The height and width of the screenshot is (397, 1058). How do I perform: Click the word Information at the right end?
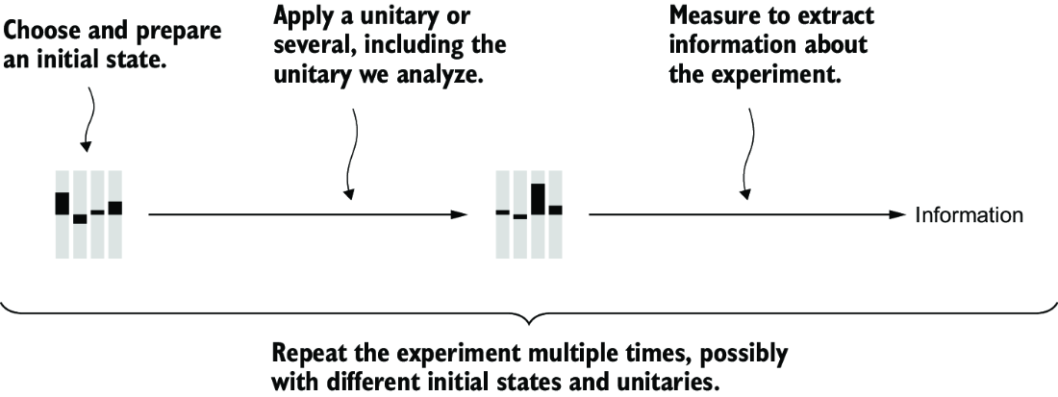point(969,215)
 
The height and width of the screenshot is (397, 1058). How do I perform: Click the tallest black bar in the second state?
point(538,199)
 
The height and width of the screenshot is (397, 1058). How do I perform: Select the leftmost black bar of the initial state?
point(63,204)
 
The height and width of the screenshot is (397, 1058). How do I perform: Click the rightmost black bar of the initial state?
point(114,208)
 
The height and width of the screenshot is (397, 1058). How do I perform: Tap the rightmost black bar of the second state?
point(555,210)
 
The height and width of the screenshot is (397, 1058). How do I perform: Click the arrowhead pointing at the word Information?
point(896,215)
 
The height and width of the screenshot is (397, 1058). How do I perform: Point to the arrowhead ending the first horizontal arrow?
point(460,215)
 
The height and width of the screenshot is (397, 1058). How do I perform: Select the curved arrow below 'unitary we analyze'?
point(351,154)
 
